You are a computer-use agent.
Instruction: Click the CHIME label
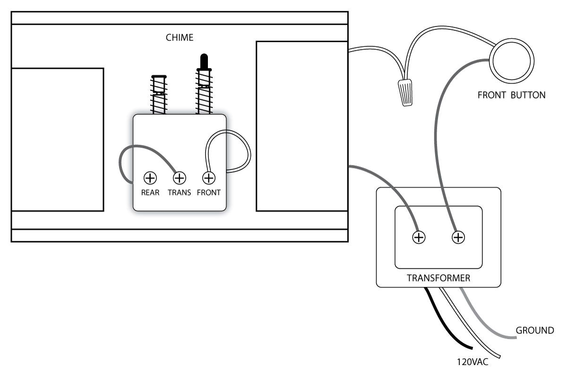(x=180, y=37)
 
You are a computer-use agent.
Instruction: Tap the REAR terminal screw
(x=150, y=178)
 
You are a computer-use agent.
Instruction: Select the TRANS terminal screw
(x=180, y=178)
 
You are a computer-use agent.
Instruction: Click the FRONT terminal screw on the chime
(x=208, y=178)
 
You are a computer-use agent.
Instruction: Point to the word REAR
(x=150, y=193)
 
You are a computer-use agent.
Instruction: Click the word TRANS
(x=180, y=193)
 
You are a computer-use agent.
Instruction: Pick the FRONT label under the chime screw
(x=208, y=193)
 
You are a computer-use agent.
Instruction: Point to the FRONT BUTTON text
(x=511, y=95)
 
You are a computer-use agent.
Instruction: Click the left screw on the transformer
(x=418, y=237)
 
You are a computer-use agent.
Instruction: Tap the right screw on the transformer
(x=457, y=237)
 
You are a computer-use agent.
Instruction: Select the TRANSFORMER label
(x=438, y=278)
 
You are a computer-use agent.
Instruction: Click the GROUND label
(x=535, y=331)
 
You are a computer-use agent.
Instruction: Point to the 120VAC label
(x=472, y=363)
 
